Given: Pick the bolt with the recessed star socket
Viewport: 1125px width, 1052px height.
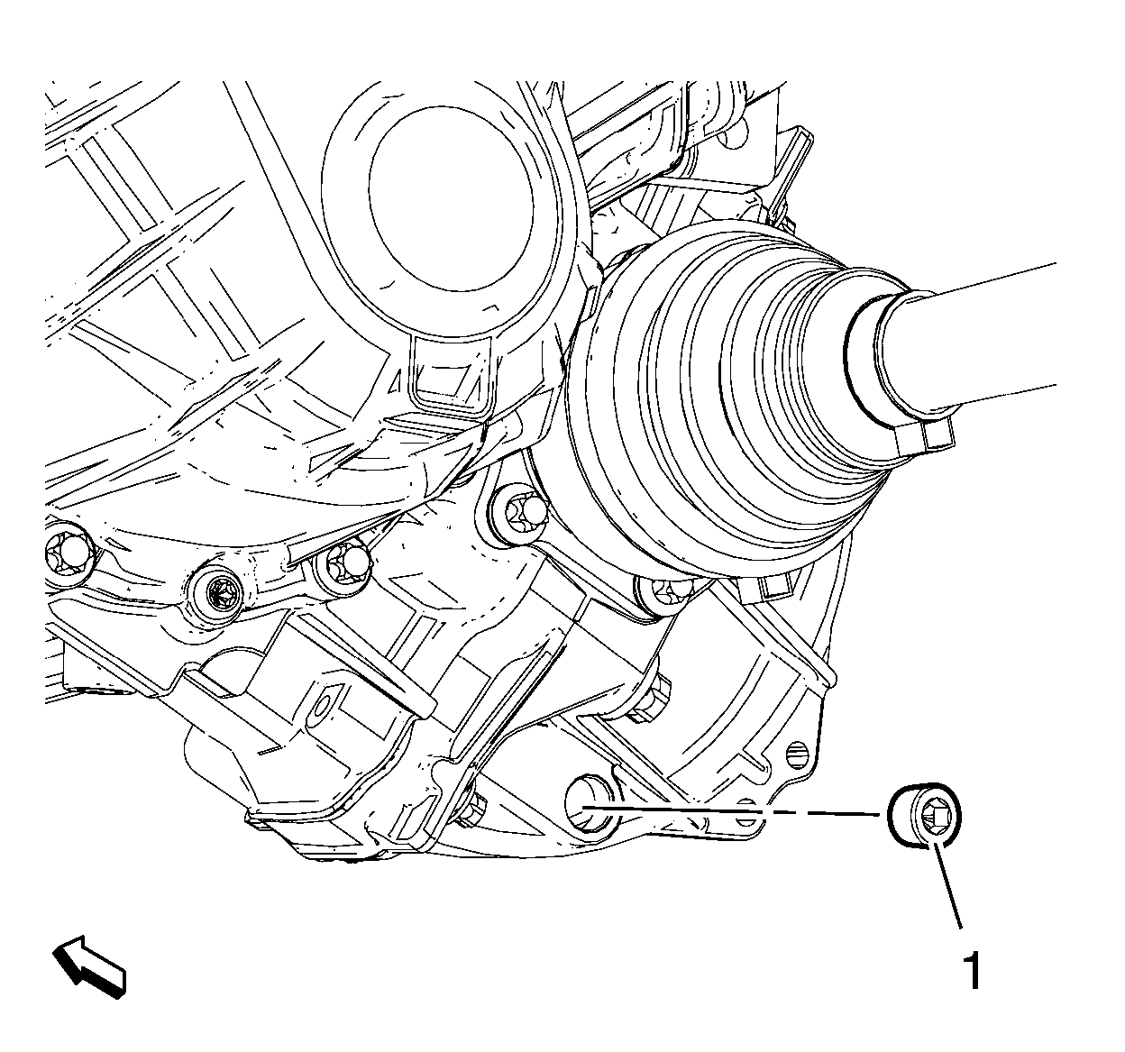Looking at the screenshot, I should tap(218, 593).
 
